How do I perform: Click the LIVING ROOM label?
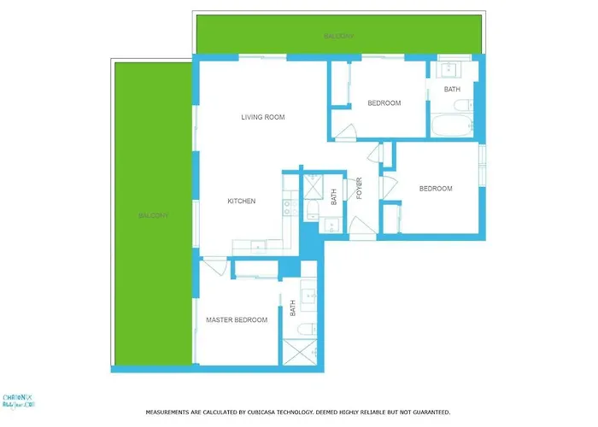click(x=262, y=117)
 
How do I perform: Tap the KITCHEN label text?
click(x=242, y=202)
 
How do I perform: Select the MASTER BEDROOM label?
click(x=237, y=320)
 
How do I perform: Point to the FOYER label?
click(x=360, y=188)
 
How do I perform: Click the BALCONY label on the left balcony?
click(x=154, y=216)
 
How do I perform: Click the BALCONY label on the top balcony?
click(x=339, y=37)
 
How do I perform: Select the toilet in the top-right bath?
click(x=462, y=105)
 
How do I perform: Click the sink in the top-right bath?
click(x=449, y=69)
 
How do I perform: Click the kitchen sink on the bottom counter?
click(x=255, y=246)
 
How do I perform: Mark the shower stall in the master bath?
click(x=300, y=353)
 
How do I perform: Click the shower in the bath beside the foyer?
click(x=312, y=185)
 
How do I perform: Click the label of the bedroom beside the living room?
click(x=384, y=103)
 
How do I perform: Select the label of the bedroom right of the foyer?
click(x=436, y=189)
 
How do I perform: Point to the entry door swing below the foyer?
click(x=361, y=230)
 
